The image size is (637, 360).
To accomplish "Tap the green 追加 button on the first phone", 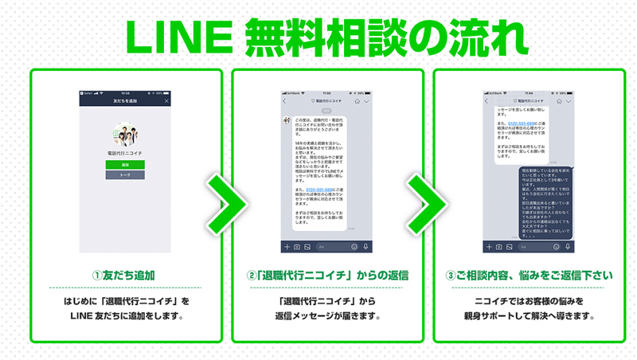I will pos(124,164).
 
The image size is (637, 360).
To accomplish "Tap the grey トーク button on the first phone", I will pos(124,174).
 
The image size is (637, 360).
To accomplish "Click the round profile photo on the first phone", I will pos(124,134).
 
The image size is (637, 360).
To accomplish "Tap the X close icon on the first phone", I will pos(166,101).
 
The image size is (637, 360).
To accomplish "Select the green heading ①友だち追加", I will pos(124,276).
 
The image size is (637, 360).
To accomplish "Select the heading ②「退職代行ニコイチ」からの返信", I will pos(327,276).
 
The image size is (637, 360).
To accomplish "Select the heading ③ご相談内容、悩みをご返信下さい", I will pos(529,276).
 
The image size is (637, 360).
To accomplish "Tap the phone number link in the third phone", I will pos(518,123).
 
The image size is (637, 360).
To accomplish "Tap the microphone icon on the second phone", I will pos(366,247).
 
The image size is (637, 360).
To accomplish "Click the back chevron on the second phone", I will pos(285,102).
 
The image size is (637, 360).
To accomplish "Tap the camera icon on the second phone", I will pos(296,247).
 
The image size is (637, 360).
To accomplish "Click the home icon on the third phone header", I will pos(558,102).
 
